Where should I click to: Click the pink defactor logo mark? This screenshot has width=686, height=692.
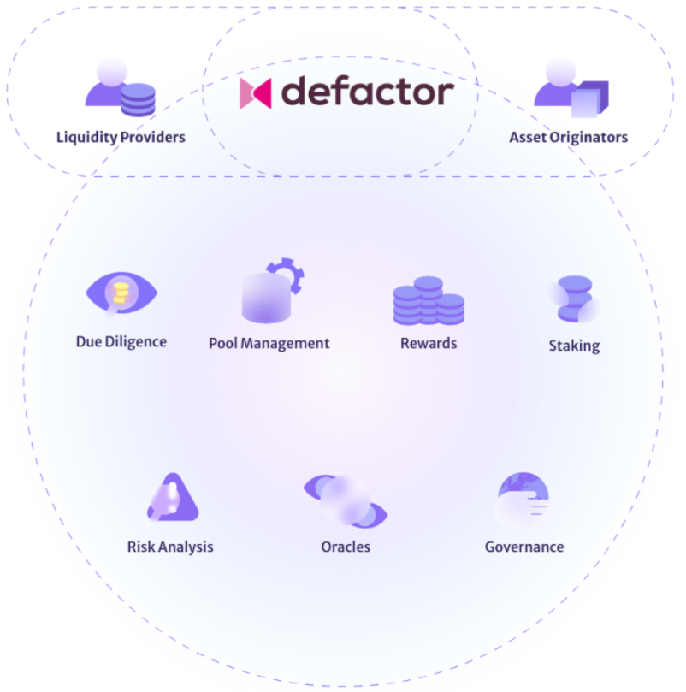point(255,93)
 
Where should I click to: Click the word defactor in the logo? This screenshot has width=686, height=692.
point(368,91)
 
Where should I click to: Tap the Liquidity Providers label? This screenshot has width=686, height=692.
point(121,137)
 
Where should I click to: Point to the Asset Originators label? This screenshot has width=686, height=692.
point(568,137)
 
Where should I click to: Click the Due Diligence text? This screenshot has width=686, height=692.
point(121,342)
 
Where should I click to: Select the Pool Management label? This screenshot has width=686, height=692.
point(269,343)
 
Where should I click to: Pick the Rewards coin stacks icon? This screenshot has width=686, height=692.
point(429,301)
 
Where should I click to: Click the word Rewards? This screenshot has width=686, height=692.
point(429,343)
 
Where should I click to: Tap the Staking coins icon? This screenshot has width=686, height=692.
point(573,299)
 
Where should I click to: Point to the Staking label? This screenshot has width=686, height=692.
point(574,346)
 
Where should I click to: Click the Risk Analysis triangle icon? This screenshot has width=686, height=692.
point(172,499)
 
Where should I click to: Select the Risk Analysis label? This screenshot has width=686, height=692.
point(170,547)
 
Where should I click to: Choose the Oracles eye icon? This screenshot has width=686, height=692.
point(346,501)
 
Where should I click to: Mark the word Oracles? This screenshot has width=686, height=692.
point(346,547)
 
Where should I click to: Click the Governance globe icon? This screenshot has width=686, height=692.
point(523,500)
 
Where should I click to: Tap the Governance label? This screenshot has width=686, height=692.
point(524,547)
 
